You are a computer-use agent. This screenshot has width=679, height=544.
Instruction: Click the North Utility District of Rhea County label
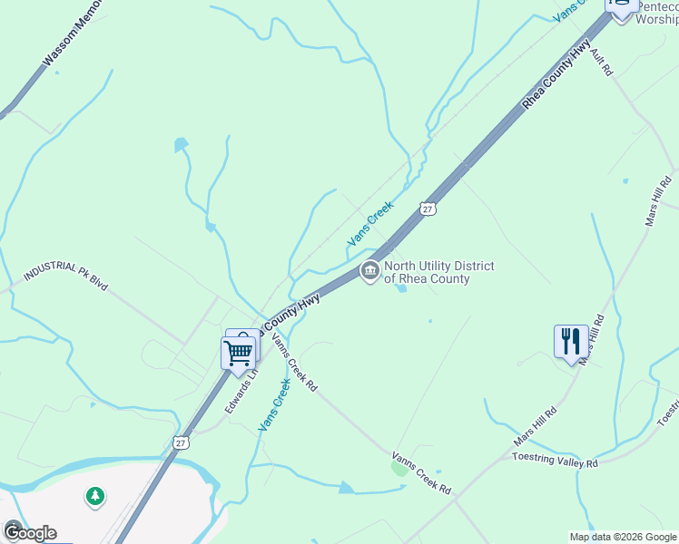point(438,272)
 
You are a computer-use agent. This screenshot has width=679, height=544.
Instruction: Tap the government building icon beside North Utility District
point(369,271)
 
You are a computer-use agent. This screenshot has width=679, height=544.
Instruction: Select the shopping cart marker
point(238,353)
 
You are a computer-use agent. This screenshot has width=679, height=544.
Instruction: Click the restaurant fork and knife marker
point(571,342)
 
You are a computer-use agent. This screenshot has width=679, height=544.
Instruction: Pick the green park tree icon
point(94,496)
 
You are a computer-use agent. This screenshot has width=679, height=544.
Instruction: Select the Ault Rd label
point(602,62)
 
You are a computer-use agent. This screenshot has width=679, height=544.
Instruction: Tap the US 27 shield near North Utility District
point(428,209)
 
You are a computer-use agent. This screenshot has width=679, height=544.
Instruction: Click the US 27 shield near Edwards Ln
point(182,442)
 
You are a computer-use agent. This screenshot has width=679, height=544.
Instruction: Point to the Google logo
point(30,532)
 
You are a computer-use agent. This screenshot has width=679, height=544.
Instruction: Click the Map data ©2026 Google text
point(623,537)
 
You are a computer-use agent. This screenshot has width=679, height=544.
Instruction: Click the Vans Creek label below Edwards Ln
point(274,405)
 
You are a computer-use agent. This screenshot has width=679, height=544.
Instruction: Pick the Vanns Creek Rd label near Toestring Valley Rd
point(421,473)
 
